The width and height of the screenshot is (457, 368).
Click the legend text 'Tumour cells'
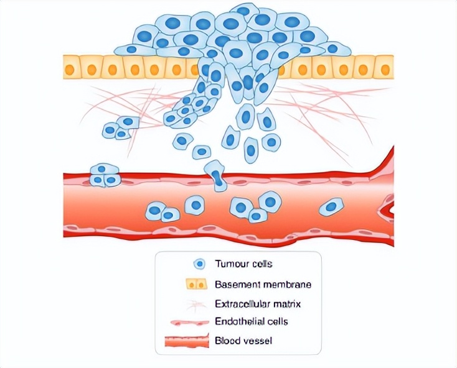(239, 264)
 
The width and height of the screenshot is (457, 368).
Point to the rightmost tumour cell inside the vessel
(332, 206)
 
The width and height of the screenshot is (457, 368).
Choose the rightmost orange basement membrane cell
(385, 67)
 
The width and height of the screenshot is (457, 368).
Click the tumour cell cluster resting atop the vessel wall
(105, 175)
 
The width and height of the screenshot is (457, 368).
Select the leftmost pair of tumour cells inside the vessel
(163, 213)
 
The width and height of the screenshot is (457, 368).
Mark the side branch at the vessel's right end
(387, 205)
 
